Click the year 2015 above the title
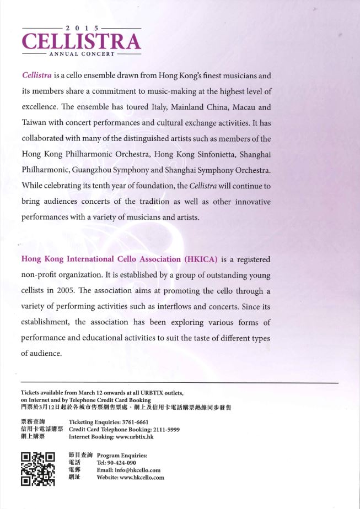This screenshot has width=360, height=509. coord(82,28)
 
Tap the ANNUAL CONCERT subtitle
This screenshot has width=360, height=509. coord(82,54)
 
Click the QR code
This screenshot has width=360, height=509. coord(37,468)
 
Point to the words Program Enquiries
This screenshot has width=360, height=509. coord(122,456)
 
